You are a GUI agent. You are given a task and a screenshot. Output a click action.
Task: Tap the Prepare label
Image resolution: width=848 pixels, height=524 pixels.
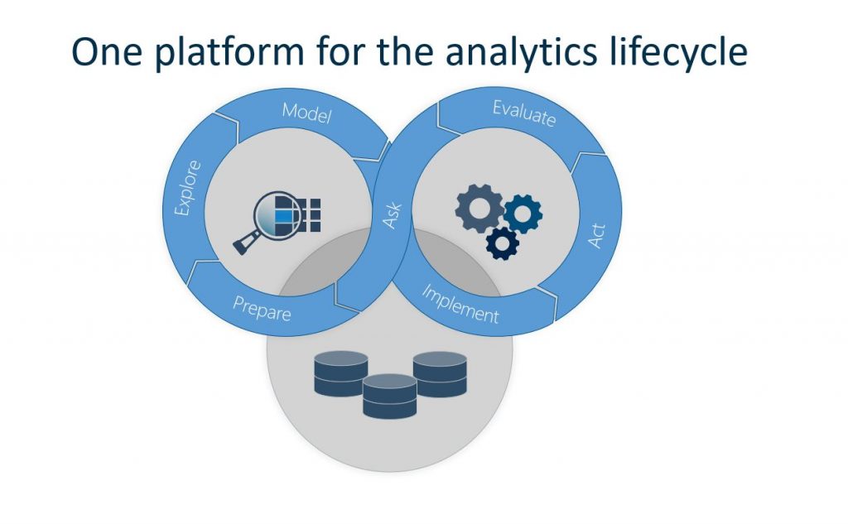pyautogui.click(x=262, y=309)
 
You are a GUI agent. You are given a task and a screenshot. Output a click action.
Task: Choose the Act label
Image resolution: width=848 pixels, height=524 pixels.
pyautogui.click(x=596, y=237)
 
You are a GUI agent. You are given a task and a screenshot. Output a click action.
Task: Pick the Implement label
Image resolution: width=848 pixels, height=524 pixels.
pyautogui.click(x=461, y=304)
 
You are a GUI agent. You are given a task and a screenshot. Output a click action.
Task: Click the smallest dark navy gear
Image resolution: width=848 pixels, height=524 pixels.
pyautogui.click(x=503, y=243)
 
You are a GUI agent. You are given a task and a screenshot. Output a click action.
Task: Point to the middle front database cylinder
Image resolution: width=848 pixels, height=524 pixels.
pyautogui.click(x=389, y=396)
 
